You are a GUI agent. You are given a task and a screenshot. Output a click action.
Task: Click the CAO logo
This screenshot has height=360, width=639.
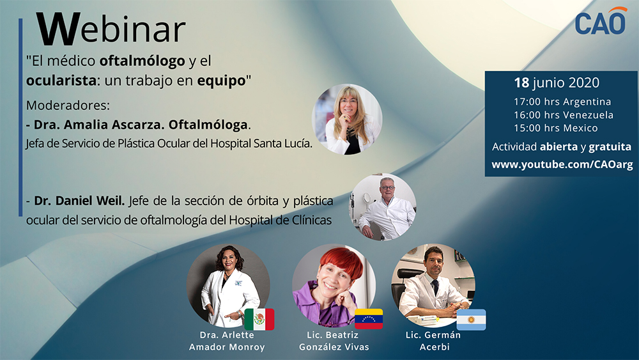(x=601, y=21)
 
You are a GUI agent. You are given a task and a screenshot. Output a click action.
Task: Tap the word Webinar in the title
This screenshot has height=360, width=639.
(x=111, y=29)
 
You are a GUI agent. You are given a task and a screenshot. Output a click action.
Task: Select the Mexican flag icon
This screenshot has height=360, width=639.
(x=259, y=319)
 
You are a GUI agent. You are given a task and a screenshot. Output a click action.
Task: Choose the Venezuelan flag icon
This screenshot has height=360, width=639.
(x=369, y=319)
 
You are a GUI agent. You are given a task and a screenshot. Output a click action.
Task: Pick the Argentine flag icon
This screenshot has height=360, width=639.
(x=471, y=320)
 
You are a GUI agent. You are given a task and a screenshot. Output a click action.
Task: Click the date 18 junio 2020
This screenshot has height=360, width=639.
(x=557, y=82)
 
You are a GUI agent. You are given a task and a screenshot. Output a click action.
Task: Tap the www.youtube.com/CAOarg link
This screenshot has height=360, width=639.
(x=562, y=165)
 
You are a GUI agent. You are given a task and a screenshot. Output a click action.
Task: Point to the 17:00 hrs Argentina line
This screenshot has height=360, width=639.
(x=562, y=102)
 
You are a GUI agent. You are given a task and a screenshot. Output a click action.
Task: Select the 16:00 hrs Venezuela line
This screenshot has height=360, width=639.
(x=563, y=115)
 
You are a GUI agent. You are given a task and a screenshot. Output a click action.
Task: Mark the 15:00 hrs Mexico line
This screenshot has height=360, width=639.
(x=556, y=128)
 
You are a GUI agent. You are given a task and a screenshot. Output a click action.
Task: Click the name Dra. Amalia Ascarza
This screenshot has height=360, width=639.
(x=99, y=124)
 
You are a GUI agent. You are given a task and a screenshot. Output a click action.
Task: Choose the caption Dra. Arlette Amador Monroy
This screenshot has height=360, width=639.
(x=227, y=341)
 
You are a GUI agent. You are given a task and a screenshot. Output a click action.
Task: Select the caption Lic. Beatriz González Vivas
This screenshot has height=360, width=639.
(x=334, y=341)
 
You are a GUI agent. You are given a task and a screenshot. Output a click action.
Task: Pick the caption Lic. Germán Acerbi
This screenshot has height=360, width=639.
(x=434, y=341)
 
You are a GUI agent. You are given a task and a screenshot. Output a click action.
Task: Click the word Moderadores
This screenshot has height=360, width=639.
(x=68, y=106)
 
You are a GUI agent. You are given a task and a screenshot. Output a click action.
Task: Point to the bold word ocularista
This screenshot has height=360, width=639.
(x=61, y=81)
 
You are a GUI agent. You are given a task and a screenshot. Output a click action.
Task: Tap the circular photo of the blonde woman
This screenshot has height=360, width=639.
(x=347, y=119)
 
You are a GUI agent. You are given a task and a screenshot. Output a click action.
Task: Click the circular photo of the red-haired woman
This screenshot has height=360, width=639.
(x=334, y=285)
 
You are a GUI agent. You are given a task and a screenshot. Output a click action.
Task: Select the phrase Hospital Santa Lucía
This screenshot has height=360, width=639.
(x=261, y=143)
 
